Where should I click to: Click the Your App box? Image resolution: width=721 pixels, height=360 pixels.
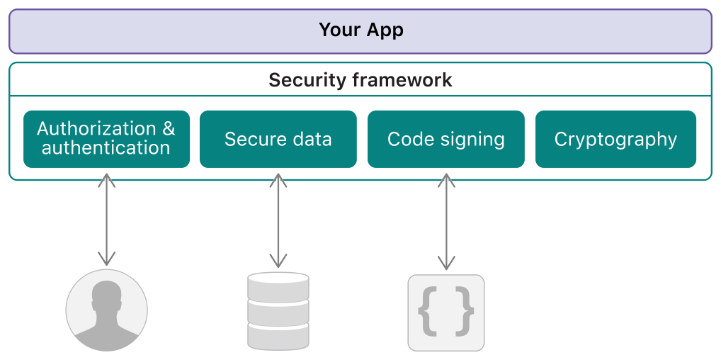coord(360,31)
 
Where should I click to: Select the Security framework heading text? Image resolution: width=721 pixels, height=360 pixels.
coord(360,80)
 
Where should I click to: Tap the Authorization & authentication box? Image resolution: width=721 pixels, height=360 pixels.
coord(106,139)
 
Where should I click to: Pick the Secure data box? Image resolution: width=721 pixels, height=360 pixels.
coord(278,139)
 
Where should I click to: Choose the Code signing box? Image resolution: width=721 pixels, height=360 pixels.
coord(445,139)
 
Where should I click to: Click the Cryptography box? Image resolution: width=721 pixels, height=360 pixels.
coord(615,139)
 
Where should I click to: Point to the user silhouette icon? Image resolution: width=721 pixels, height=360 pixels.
coord(106,310)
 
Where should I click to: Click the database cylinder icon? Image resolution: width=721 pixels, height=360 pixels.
coord(278,311)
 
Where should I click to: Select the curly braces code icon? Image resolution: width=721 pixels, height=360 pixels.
coord(445,313)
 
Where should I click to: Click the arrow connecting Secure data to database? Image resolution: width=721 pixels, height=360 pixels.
coord(278,220)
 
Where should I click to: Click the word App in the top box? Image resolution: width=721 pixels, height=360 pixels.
coord(385,30)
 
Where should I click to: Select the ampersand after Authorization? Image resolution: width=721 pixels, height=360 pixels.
coord(168,129)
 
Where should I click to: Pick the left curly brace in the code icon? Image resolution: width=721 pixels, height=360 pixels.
coord(427,312)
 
